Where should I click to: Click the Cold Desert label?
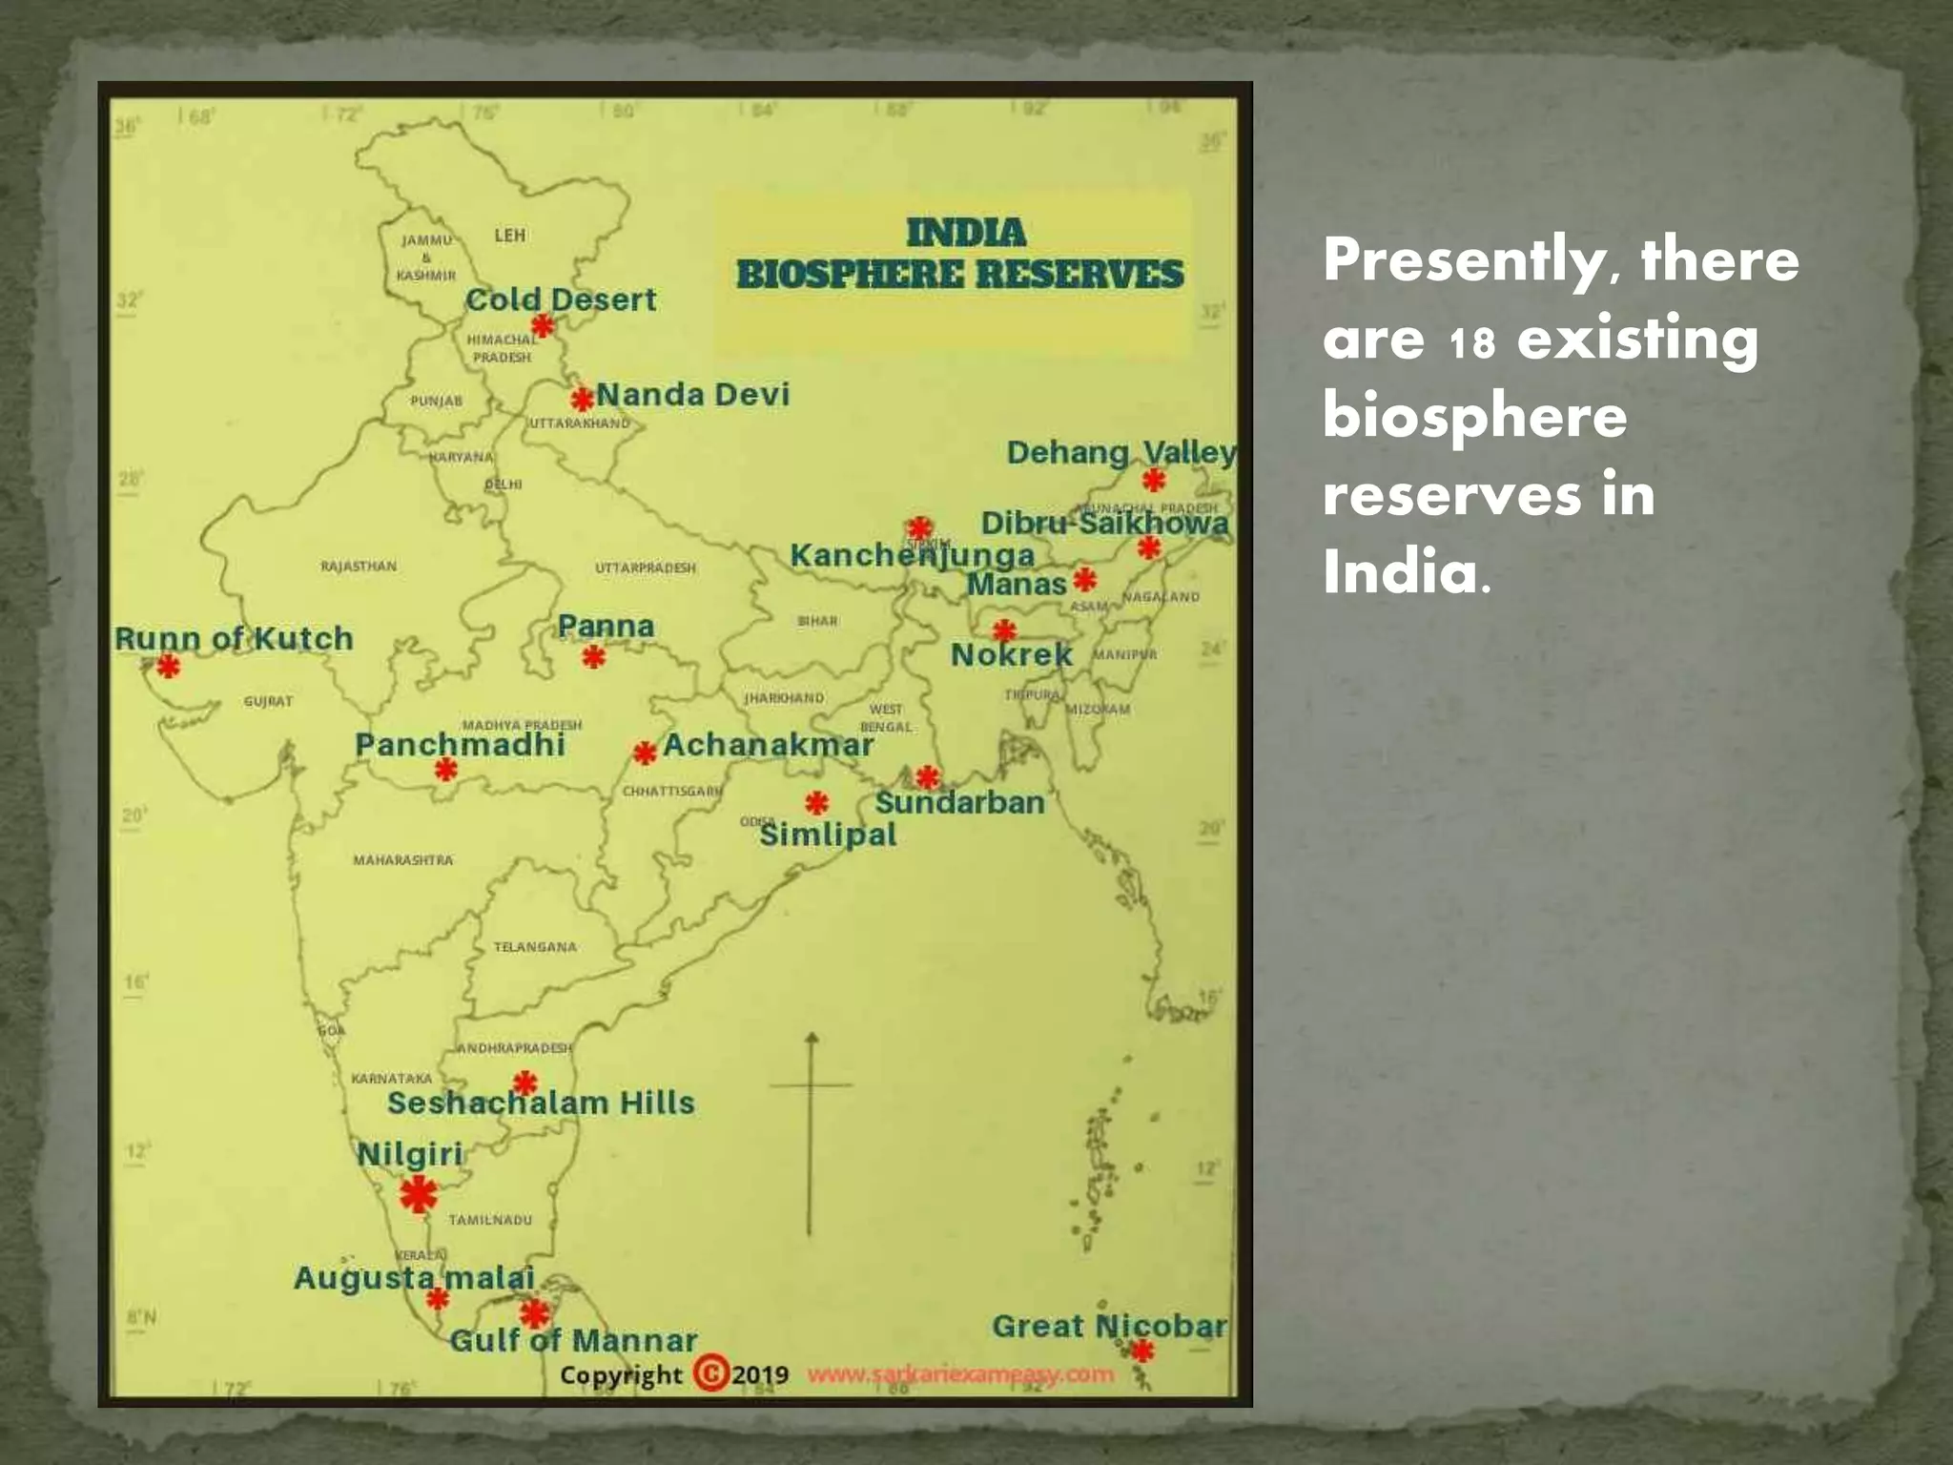click(x=561, y=299)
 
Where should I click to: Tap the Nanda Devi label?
click(x=693, y=394)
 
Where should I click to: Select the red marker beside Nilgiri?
click(x=419, y=1194)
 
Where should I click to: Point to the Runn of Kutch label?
click(x=234, y=638)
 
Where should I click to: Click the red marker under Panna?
click(x=594, y=656)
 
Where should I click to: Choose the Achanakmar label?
click(x=768, y=745)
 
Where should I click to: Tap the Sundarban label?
click(x=959, y=802)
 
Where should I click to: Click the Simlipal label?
click(x=828, y=835)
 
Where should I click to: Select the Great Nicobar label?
click(x=1109, y=1326)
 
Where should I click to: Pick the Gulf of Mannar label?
click(x=573, y=1340)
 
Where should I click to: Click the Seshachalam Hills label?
click(x=541, y=1104)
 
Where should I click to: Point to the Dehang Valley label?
click(x=1121, y=452)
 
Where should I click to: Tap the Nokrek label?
click(x=1012, y=655)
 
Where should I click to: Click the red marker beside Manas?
click(x=1084, y=579)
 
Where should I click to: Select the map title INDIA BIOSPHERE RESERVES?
click(x=959, y=254)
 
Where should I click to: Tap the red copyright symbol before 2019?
click(x=710, y=1373)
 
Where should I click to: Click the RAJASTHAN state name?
click(x=359, y=567)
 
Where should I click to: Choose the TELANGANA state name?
click(x=535, y=947)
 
